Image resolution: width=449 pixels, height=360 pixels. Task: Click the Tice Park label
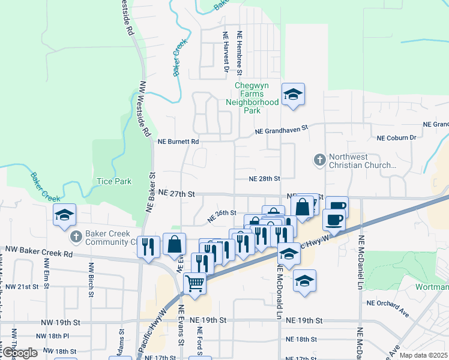coord(113,181)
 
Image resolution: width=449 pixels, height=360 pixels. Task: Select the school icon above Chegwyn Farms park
coord(293,95)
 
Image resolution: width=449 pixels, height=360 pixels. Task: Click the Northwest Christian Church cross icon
coord(319,160)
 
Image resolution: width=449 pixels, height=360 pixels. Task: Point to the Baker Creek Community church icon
coord(76,237)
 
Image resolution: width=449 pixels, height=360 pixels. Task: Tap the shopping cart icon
coord(194,283)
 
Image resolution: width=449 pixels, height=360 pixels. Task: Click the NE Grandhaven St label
coord(281,129)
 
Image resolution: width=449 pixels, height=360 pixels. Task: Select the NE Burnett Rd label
coord(178,142)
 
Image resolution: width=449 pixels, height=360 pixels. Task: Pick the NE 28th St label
coord(265,179)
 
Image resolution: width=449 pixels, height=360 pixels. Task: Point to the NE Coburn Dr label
coord(396,138)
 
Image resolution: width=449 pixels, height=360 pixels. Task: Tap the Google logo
coord(20,353)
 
